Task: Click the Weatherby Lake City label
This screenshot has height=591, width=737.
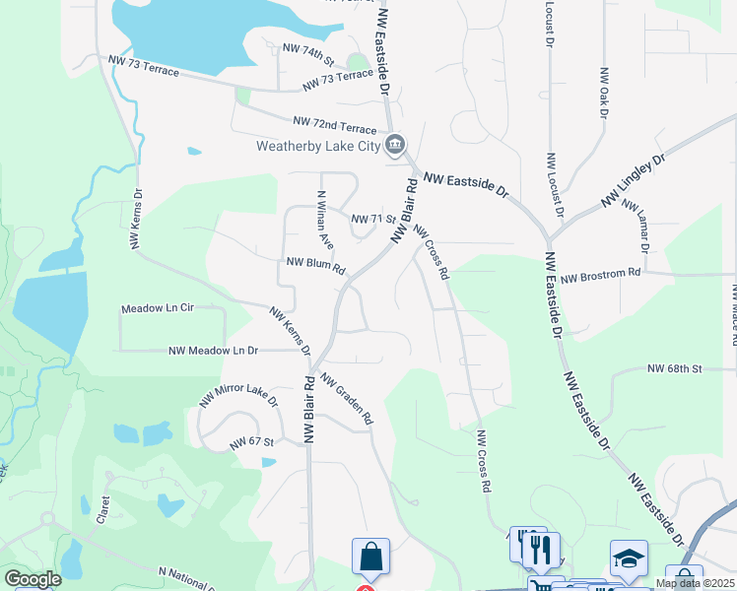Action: point(317,147)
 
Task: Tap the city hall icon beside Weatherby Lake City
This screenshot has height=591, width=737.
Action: point(394,147)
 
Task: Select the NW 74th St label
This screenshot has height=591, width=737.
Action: point(308,51)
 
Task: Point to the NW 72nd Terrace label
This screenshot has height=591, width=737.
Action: point(335,125)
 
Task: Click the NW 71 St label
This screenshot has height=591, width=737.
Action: point(373,219)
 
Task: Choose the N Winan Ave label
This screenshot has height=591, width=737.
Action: point(322,219)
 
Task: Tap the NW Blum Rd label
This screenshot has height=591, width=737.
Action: point(315,266)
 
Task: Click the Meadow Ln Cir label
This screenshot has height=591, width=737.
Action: point(158,308)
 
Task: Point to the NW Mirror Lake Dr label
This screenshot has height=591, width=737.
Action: point(238,396)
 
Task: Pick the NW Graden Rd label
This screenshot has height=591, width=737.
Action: point(347,402)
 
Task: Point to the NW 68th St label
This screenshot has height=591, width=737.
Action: point(674,368)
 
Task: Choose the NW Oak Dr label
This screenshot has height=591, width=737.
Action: point(604,92)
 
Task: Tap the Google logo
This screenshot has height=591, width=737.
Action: point(33,579)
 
